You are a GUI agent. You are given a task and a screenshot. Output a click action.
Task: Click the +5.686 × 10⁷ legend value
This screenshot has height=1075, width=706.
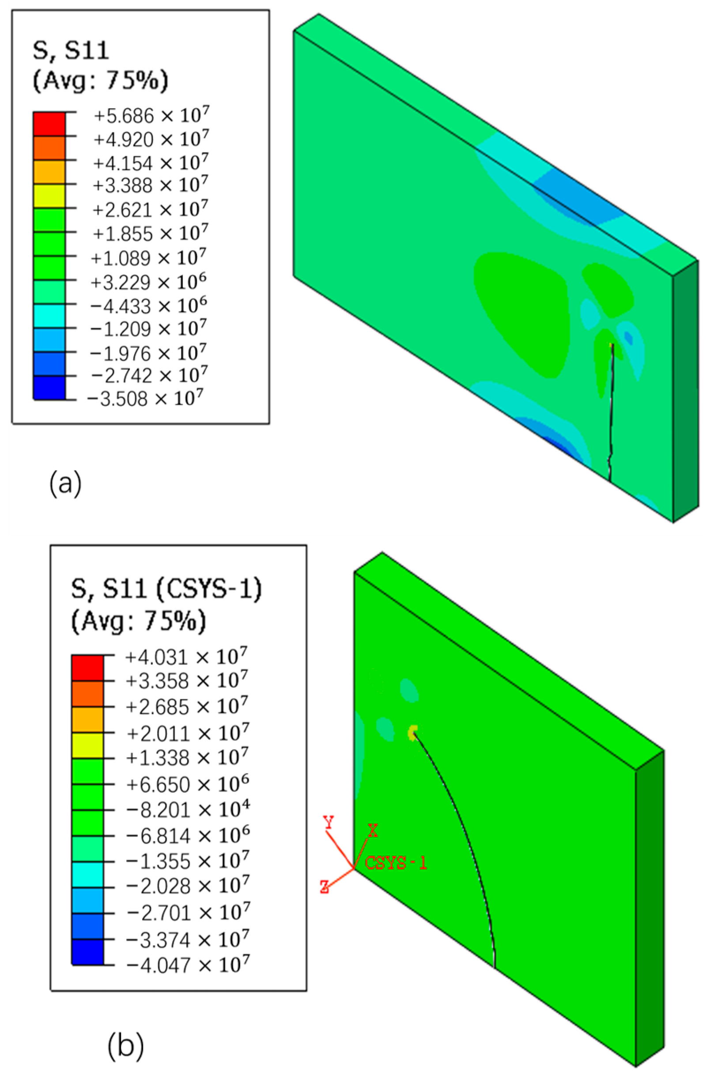click(151, 116)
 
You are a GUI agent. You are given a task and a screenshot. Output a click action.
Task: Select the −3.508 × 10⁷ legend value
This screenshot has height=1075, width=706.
click(144, 398)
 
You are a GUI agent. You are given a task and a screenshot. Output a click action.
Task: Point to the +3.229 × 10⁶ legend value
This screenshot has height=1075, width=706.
click(149, 282)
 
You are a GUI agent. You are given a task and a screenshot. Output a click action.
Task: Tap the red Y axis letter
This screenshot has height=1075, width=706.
click(329, 822)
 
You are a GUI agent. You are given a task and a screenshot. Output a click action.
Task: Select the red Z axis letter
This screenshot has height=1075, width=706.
click(325, 887)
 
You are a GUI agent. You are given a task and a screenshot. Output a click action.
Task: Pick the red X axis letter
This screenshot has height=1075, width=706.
click(373, 830)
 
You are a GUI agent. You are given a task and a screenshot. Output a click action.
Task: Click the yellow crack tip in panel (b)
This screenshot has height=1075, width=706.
click(412, 732)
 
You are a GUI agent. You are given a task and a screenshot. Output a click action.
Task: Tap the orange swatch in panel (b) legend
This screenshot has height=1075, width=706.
click(87, 693)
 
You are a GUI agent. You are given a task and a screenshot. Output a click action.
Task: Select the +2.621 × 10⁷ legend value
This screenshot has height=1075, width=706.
click(150, 210)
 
